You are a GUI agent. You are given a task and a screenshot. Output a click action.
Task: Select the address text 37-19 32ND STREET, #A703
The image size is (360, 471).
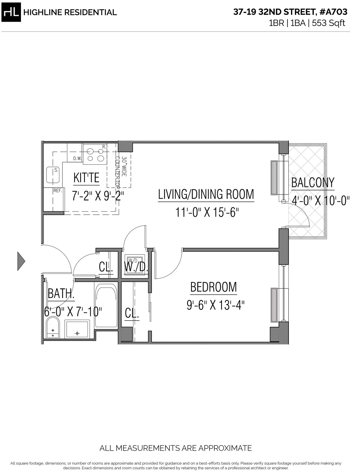tap(290, 12)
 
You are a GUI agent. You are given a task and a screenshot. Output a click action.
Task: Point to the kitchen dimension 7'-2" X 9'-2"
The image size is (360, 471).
tap(98, 196)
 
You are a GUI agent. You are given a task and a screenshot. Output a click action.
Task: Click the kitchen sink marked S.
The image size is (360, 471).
tap(53, 175)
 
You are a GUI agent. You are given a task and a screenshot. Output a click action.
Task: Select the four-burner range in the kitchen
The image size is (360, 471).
tap(95, 154)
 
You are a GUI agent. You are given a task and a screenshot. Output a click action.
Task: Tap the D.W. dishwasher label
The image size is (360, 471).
tap(77, 159)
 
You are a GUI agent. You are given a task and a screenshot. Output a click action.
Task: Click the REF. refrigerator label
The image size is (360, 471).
tap(58, 190)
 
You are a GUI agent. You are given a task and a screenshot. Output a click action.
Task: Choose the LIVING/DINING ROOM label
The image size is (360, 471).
tap(206, 194)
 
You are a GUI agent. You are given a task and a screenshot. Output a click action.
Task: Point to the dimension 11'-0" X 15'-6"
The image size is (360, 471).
tap(207, 213)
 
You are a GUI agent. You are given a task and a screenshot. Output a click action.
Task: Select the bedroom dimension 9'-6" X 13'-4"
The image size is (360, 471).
tap(215, 305)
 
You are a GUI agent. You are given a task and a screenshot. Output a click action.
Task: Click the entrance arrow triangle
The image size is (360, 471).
tap(21, 261)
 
